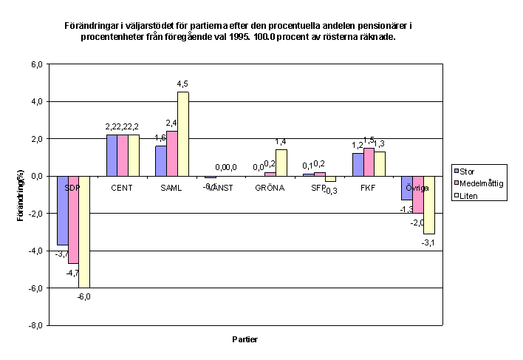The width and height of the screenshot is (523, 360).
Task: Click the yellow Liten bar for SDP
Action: [x=84, y=231]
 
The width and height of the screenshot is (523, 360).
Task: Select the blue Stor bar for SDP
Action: [x=62, y=211]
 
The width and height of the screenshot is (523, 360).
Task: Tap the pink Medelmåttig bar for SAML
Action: [x=172, y=154]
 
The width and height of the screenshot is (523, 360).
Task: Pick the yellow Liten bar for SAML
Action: [x=183, y=134]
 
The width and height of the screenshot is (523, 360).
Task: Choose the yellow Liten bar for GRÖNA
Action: [x=281, y=163]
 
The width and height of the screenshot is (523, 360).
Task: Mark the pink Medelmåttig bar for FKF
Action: [x=369, y=162]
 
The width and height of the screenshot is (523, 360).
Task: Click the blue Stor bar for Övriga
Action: [x=406, y=188]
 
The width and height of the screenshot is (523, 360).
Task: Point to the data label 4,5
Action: [x=183, y=84]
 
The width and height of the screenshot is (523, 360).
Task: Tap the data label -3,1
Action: [x=429, y=242]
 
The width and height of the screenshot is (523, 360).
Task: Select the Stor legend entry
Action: [x=472, y=171]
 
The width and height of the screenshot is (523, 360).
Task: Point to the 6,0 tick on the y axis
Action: [x=36, y=64]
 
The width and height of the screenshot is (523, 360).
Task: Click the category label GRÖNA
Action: [x=270, y=188]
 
